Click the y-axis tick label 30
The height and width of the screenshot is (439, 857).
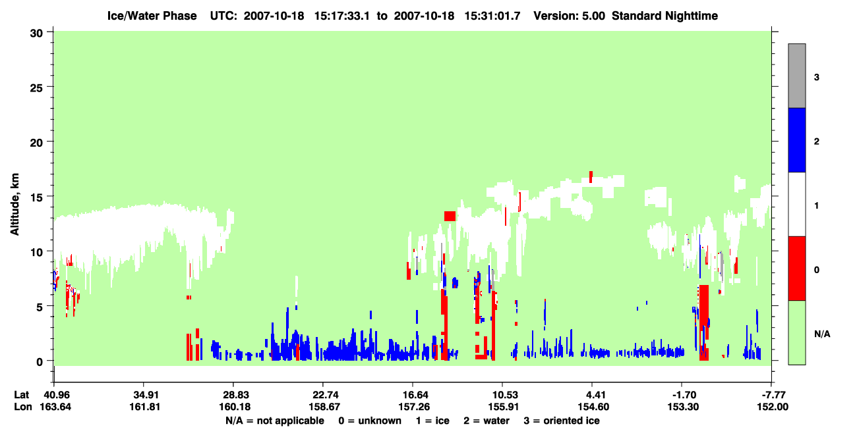36,34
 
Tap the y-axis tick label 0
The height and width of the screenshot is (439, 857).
40,361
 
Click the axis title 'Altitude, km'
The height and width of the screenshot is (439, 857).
15,204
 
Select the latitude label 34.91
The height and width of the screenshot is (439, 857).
144,395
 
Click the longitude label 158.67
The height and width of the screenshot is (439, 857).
325,407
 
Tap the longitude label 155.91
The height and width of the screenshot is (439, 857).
504,407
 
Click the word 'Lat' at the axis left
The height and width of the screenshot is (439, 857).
22,395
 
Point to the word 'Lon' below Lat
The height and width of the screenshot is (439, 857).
23,407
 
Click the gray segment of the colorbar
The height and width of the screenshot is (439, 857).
797,76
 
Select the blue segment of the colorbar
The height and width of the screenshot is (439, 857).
797,140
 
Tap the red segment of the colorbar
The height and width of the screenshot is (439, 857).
797,269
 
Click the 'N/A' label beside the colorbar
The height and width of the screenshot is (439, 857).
822,334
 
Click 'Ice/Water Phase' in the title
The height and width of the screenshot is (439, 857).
152,16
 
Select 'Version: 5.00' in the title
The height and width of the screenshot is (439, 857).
570,16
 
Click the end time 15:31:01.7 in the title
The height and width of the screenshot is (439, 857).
492,16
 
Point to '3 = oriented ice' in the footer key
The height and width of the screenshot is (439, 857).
562,421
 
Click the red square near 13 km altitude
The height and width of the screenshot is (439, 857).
450,217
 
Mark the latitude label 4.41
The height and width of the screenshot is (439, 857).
592,395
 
